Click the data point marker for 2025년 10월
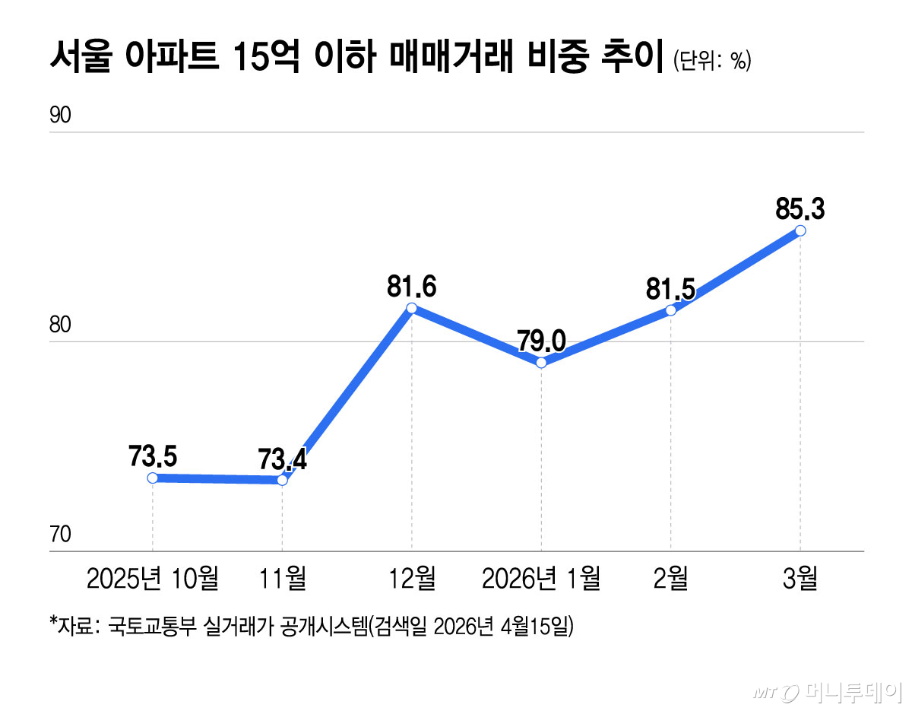pyautogui.click(x=153, y=478)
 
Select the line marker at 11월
pyautogui.click(x=282, y=480)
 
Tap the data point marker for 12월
pyautogui.click(x=411, y=308)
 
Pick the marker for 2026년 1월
pyautogui.click(x=541, y=363)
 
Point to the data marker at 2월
pyautogui.click(x=670, y=310)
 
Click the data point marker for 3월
pyautogui.click(x=800, y=230)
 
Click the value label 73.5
pyautogui.click(x=153, y=456)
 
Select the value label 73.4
pyautogui.click(x=282, y=459)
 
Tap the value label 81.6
pyautogui.click(x=411, y=287)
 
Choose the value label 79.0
pyautogui.click(x=541, y=341)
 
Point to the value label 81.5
pyautogui.click(x=670, y=289)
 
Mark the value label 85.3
pyautogui.click(x=800, y=208)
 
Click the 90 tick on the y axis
pyautogui.click(x=60, y=116)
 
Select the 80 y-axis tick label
pyautogui.click(x=60, y=325)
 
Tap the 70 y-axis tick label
pyautogui.click(x=60, y=535)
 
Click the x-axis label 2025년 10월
pyautogui.click(x=153, y=579)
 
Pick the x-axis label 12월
pyautogui.click(x=411, y=579)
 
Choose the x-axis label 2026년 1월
pyautogui.click(x=541, y=579)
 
